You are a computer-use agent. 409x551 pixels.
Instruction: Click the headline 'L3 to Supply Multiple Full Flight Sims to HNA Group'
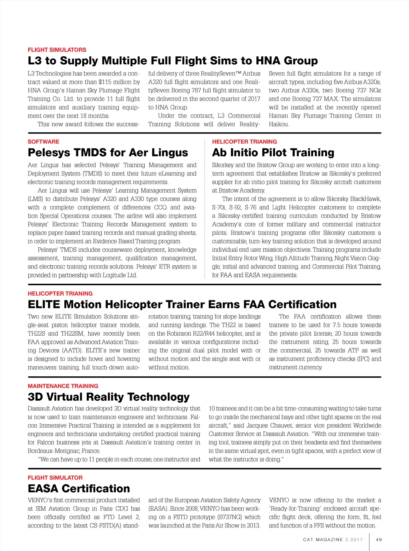(x=173, y=61)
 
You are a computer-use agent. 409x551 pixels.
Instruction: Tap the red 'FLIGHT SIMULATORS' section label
(x=57, y=50)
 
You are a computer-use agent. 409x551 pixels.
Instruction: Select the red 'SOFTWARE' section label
(x=43, y=142)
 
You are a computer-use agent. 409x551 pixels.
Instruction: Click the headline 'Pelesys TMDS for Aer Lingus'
(x=108, y=153)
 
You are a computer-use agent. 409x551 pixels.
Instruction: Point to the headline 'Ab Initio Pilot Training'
(x=273, y=153)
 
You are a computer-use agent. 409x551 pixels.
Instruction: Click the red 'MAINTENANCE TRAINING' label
(x=63, y=386)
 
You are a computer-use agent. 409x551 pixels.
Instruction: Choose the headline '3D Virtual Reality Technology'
(x=109, y=397)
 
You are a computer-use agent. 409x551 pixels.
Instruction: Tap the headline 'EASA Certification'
(x=79, y=488)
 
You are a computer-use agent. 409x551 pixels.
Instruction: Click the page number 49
(x=379, y=539)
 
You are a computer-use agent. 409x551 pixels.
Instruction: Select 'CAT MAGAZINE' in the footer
(x=323, y=539)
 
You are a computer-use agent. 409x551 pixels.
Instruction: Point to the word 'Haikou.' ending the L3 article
(x=279, y=124)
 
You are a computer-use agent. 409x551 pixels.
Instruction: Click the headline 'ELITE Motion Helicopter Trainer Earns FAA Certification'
(x=182, y=304)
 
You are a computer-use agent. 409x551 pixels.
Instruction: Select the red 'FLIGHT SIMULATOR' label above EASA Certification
(x=55, y=477)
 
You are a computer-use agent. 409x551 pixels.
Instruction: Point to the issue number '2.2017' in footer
(x=354, y=539)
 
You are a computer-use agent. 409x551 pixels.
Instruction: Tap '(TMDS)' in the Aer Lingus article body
(x=93, y=174)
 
